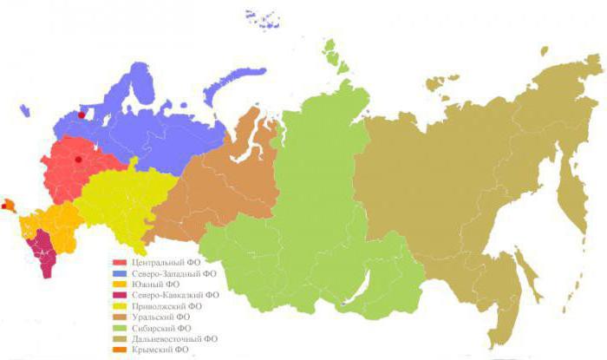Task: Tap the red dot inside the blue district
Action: pos(82,114)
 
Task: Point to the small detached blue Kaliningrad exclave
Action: pos(26,111)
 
